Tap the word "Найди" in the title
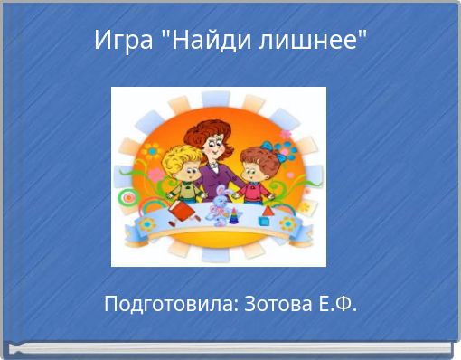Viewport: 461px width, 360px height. pyautogui.click(x=201, y=40)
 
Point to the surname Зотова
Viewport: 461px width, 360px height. pyautogui.click(x=277, y=304)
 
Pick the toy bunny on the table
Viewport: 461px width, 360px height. pyautogui.click(x=220, y=204)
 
